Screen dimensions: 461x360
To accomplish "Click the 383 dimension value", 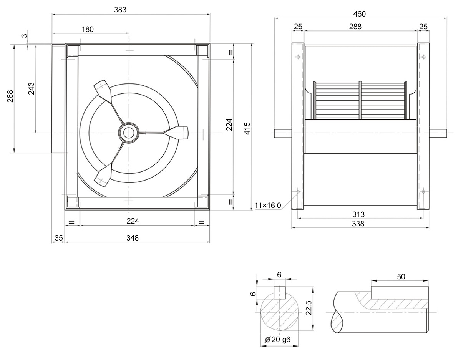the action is pos(120,10).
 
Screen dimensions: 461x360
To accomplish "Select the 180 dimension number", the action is pos(88,29).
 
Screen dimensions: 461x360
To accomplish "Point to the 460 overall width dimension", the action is pos(359,14).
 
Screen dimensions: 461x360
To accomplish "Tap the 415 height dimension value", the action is pos(247,128).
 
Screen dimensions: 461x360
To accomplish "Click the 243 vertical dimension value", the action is pos(31,88).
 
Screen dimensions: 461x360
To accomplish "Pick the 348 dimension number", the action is pos(133,238).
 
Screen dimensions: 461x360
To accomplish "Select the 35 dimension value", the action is pos(59,238).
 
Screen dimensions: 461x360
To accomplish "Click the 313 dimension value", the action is pos(358,214).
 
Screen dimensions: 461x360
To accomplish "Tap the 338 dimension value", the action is pos(358,224).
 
